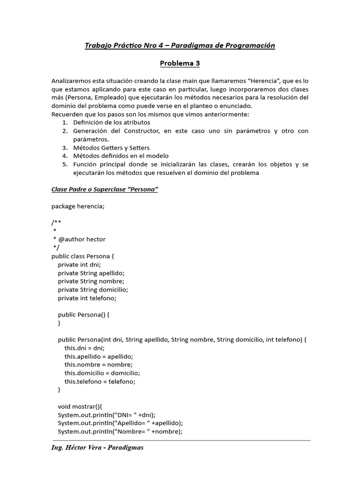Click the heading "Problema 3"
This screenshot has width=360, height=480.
[180, 63]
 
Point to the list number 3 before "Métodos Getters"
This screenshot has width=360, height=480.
[64, 148]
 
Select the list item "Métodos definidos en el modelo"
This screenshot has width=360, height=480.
[120, 156]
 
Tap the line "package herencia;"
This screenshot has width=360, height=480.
[78, 206]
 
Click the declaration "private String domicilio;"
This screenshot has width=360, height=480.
[93, 290]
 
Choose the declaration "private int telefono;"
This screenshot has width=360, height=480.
[87, 298]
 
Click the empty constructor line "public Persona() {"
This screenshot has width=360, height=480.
[83, 315]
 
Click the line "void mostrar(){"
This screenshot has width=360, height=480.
[76, 407]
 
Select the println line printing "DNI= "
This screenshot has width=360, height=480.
[106, 415]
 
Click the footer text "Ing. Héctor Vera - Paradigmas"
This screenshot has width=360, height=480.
[97, 448]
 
